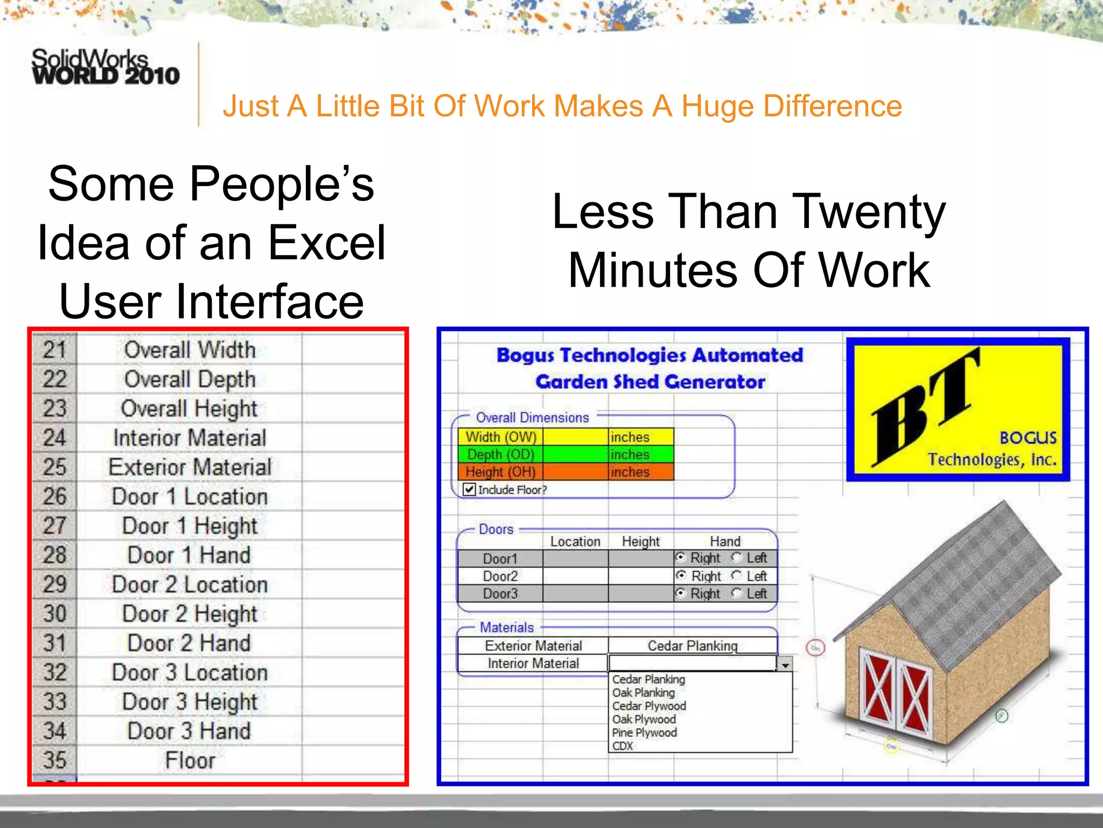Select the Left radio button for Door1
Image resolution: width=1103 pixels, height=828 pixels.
tap(737, 557)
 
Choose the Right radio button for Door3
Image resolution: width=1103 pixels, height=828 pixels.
tap(681, 594)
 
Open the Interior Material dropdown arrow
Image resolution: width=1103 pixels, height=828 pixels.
tap(785, 665)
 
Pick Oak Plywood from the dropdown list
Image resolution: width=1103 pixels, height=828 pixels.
tap(644, 720)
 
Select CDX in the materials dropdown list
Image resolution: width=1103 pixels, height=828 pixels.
tap(623, 746)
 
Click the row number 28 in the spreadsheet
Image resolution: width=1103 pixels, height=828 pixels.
tap(55, 555)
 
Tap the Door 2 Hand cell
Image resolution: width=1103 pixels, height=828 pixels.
tap(190, 643)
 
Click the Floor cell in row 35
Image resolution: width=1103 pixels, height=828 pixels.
tap(190, 761)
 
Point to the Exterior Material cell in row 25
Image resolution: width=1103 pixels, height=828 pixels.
tap(190, 467)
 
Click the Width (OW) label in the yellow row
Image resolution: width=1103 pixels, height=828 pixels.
tap(501, 437)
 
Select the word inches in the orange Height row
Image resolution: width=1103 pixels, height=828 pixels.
tap(630, 472)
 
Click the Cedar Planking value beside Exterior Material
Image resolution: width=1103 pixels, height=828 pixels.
tap(693, 646)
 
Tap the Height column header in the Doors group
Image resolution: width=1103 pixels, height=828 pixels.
tap(640, 541)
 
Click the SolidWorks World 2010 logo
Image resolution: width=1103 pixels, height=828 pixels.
tap(105, 67)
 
